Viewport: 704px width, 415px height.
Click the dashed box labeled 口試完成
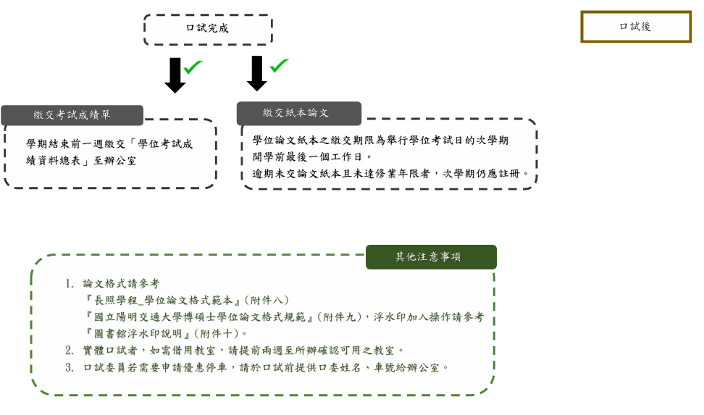tap(208, 29)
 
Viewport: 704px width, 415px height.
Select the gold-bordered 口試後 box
tap(635, 27)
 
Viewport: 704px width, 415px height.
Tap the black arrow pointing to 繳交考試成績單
tap(175, 75)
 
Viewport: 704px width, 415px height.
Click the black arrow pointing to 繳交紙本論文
tap(256, 73)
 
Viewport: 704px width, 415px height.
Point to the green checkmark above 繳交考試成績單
tap(193, 67)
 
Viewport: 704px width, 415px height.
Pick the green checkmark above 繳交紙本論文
tap(279, 65)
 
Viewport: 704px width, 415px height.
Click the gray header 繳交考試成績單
tap(72, 115)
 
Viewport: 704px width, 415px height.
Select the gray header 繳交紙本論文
tap(298, 113)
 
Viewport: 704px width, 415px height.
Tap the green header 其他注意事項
tap(431, 257)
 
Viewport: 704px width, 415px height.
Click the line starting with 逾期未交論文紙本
tap(391, 174)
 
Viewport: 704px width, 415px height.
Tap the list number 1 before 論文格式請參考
tap(69, 284)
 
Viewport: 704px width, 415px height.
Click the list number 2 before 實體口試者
tap(69, 350)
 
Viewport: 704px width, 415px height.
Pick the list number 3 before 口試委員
tap(69, 367)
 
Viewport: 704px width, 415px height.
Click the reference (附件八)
tap(266, 300)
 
